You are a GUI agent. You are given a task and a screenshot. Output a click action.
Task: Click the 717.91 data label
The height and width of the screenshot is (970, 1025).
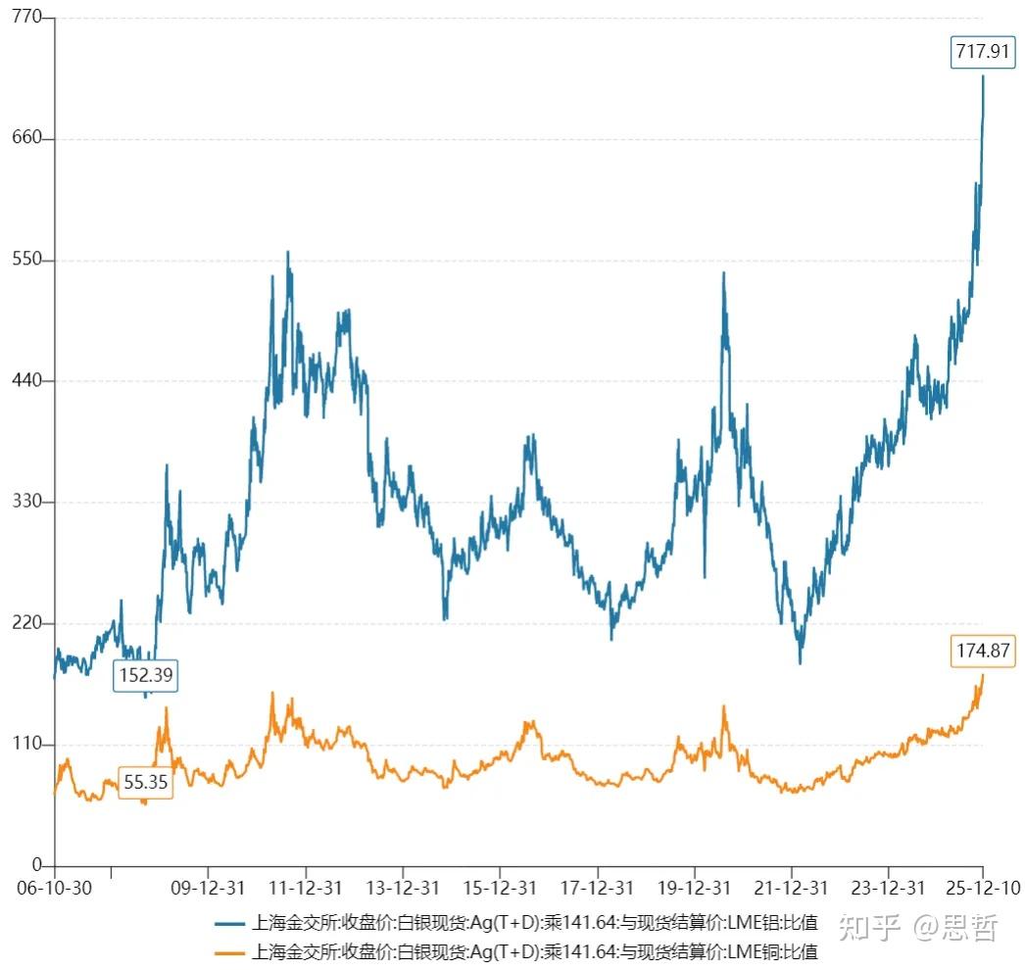pyautogui.click(x=981, y=52)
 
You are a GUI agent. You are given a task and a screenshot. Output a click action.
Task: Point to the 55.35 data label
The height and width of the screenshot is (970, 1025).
pyautogui.click(x=146, y=782)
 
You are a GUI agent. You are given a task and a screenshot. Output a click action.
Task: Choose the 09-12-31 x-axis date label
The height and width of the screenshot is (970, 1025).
pyautogui.click(x=209, y=888)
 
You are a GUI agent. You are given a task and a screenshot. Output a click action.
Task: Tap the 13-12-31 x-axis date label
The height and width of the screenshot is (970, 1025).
pyautogui.click(x=403, y=888)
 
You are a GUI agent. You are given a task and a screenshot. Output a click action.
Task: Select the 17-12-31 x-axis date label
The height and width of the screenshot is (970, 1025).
pyautogui.click(x=597, y=888)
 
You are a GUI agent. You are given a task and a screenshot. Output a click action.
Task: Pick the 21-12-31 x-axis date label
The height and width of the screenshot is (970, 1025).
pyautogui.click(x=791, y=888)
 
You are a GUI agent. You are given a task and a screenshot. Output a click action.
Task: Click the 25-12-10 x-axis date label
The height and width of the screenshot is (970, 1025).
pyautogui.click(x=983, y=888)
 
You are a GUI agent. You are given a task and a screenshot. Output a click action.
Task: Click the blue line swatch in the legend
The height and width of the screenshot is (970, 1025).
pyautogui.click(x=231, y=923)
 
